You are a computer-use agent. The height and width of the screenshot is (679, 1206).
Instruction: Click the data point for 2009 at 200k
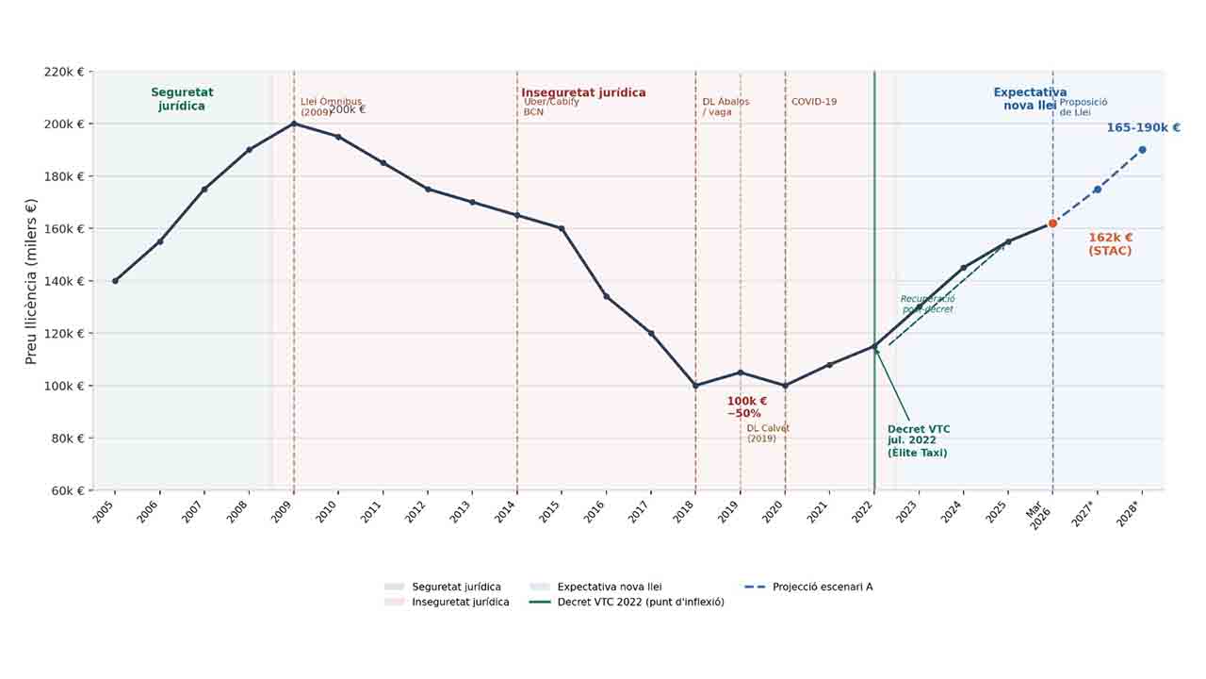tap(294, 124)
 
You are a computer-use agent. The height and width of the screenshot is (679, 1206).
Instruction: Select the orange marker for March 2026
tap(1052, 224)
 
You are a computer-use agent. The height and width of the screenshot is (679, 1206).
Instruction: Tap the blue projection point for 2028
tap(1142, 150)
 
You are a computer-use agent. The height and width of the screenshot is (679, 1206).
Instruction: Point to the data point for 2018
tap(695, 386)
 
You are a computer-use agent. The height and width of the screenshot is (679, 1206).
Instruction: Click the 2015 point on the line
tap(562, 228)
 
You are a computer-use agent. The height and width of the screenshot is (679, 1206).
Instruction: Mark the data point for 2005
tap(115, 281)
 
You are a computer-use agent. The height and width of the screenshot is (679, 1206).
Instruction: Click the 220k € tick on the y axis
tap(64, 72)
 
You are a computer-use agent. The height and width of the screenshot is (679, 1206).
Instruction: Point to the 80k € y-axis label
tap(66, 439)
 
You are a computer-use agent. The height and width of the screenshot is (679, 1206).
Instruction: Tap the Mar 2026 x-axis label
tap(1039, 515)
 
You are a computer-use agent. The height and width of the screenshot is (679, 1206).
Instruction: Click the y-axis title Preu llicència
tap(31, 281)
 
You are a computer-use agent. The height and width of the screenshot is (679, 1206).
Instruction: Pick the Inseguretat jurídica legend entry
tap(460, 602)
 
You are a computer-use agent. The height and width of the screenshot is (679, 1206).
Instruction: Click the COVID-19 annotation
tap(813, 102)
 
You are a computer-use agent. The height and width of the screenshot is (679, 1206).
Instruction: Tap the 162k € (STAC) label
tap(1110, 244)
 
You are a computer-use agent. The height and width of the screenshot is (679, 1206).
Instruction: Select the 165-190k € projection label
tap(1143, 128)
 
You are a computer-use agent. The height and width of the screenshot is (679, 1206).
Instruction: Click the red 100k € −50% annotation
tap(745, 407)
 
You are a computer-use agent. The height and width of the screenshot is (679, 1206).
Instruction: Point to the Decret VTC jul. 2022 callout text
tap(918, 441)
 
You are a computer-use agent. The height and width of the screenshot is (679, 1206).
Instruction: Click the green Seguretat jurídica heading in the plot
tap(182, 99)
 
